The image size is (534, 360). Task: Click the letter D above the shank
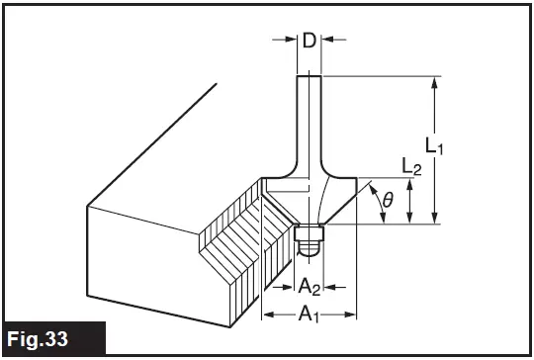point(309,41)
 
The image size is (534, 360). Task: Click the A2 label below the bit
point(310,286)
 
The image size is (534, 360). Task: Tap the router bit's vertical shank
point(309,119)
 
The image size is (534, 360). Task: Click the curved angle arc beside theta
point(376,203)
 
